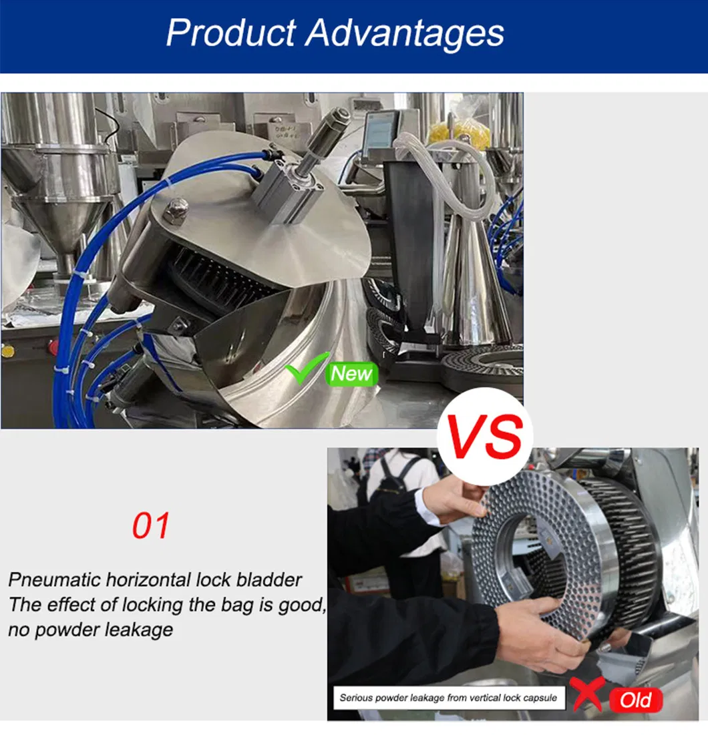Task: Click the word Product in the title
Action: pyautogui.click(x=231, y=33)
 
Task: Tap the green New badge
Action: pyautogui.click(x=351, y=374)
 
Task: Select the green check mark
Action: pyautogui.click(x=306, y=368)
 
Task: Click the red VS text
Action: pyautogui.click(x=485, y=437)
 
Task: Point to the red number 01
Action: pyautogui.click(x=150, y=526)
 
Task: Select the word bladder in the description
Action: pyautogui.click(x=269, y=580)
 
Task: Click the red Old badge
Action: pyautogui.click(x=637, y=700)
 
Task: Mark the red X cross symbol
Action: pyautogui.click(x=586, y=693)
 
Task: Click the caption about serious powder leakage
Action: pyautogui.click(x=449, y=698)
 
